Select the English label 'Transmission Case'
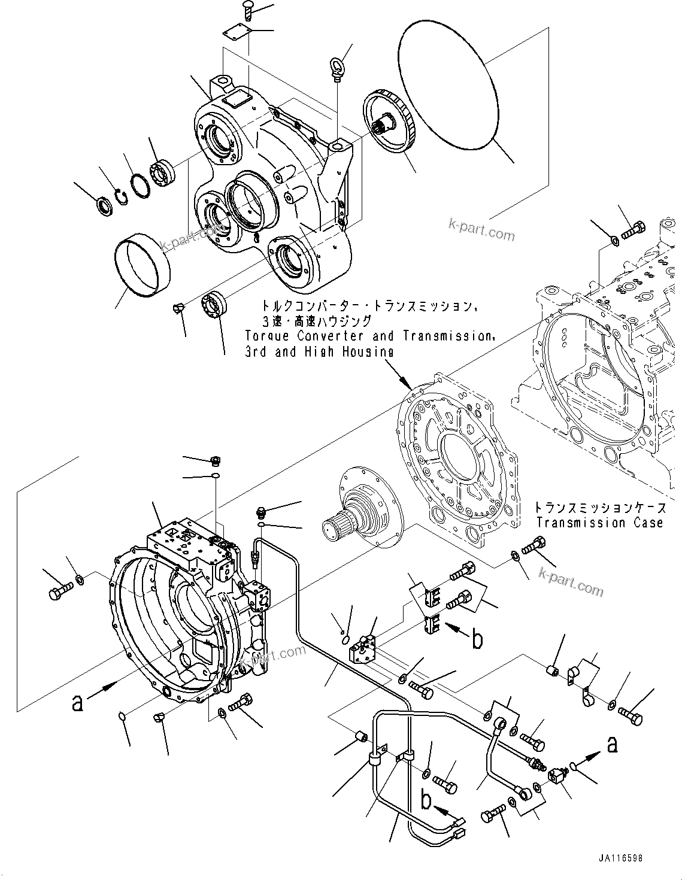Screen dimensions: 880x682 [x=599, y=523]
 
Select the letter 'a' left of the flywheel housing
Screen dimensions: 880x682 [x=77, y=702]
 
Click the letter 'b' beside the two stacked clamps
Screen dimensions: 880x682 [x=477, y=639]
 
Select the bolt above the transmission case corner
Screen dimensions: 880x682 [x=633, y=230]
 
